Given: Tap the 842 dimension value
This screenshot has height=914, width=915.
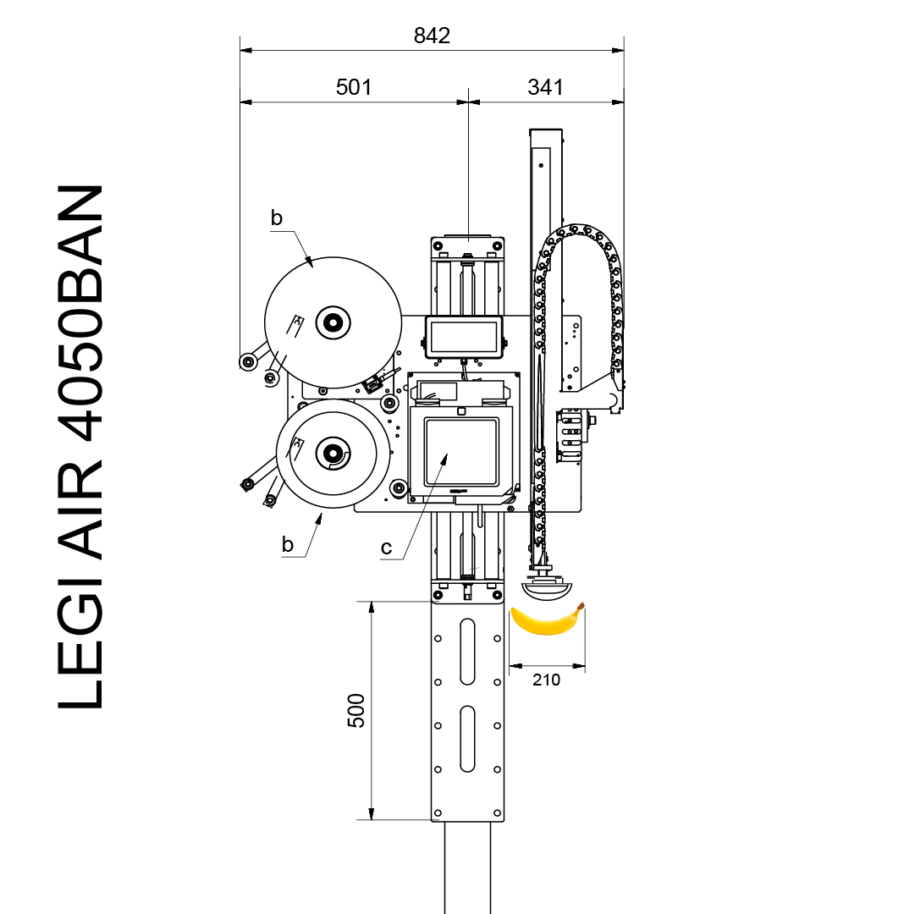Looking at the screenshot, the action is coord(432,36).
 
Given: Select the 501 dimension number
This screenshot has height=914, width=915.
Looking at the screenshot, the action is coord(354,87).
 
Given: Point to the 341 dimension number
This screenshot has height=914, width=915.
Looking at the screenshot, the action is coord(546,87).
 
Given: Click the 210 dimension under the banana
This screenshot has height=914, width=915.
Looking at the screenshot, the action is coord(546,680).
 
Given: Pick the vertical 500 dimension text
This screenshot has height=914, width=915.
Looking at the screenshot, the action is coord(356,710).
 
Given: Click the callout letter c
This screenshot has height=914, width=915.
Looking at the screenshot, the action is coord(386,548).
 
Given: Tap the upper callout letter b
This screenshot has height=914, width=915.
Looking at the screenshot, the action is coord(277,217).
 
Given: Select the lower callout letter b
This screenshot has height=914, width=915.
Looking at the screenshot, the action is coord(287,544).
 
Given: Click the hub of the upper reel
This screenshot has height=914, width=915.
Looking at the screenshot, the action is coord(333,322).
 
